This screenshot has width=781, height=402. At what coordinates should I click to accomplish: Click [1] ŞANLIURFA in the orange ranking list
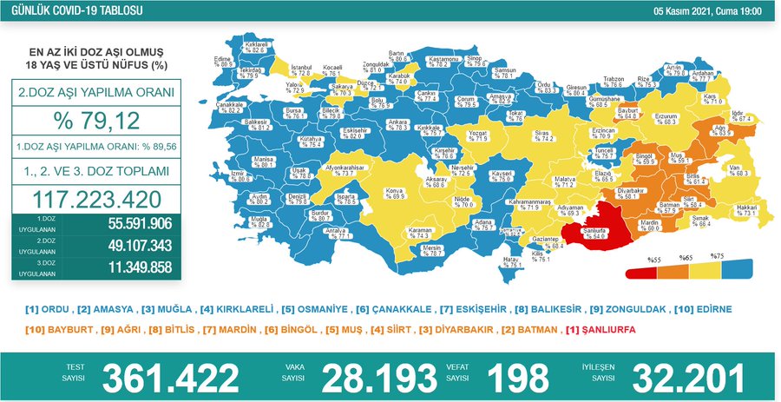point(600,330)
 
